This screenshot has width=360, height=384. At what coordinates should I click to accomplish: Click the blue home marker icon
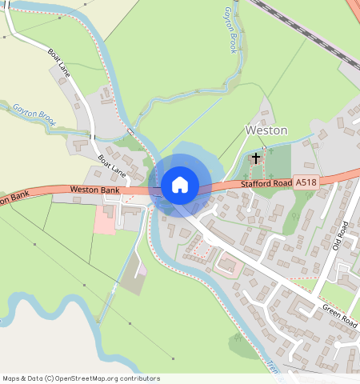[x=180, y=185]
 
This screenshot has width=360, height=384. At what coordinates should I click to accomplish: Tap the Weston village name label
[x=266, y=130]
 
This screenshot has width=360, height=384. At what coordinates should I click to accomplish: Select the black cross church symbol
[x=256, y=158]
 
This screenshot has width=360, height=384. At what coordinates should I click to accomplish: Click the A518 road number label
[x=306, y=183]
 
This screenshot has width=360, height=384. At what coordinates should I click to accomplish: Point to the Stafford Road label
[x=265, y=185]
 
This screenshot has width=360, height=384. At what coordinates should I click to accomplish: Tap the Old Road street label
[x=339, y=235]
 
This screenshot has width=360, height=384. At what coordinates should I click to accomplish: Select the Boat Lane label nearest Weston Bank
[x=112, y=165]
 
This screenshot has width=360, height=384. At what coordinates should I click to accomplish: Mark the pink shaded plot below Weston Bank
[x=105, y=219]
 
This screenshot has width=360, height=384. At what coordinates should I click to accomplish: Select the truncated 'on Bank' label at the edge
[x=14, y=197]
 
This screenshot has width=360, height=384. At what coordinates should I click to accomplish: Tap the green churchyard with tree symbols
[x=276, y=163]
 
